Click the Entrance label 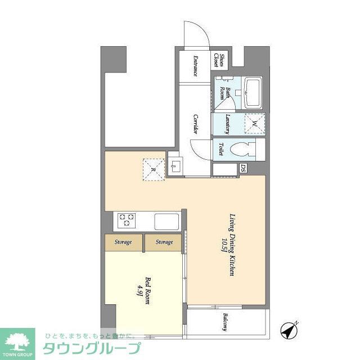195,67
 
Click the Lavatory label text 228,124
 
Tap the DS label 243,168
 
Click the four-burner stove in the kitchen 125,220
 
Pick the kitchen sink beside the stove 166,220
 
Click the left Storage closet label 124,242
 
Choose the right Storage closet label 164,242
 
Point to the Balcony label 224,322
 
